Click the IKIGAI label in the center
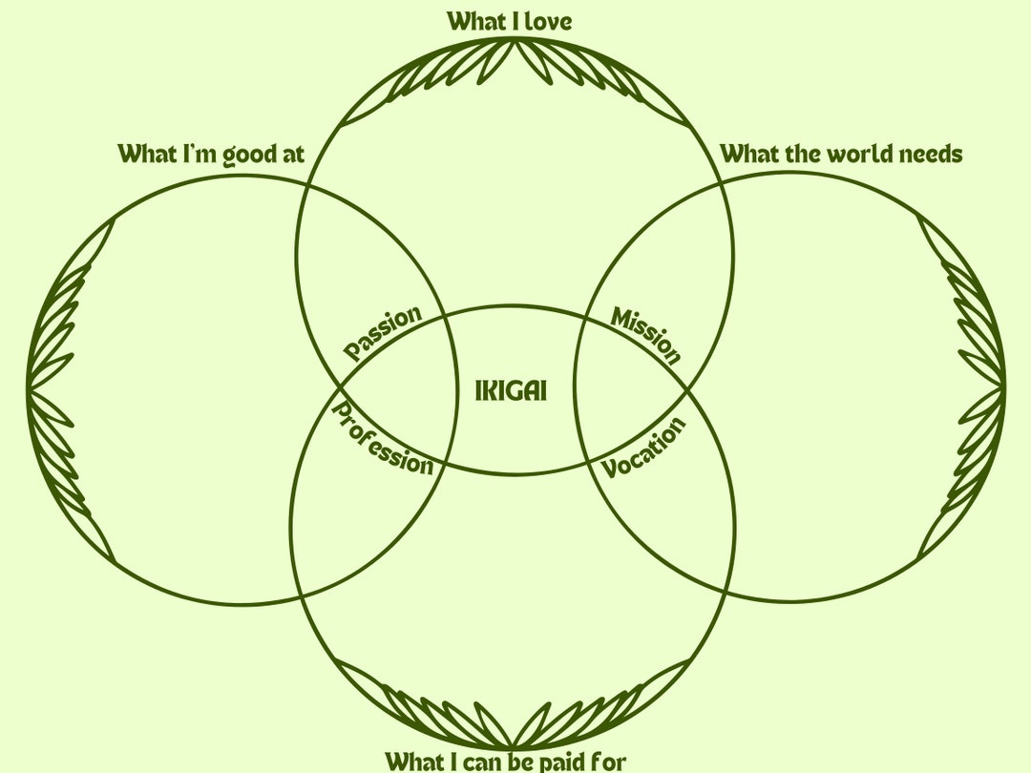[511, 390]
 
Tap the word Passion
[382, 333]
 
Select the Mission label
[647, 335]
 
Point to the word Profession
[382, 438]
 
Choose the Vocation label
[644, 449]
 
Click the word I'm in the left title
[199, 154]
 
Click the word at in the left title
[291, 155]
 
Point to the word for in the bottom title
[608, 762]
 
